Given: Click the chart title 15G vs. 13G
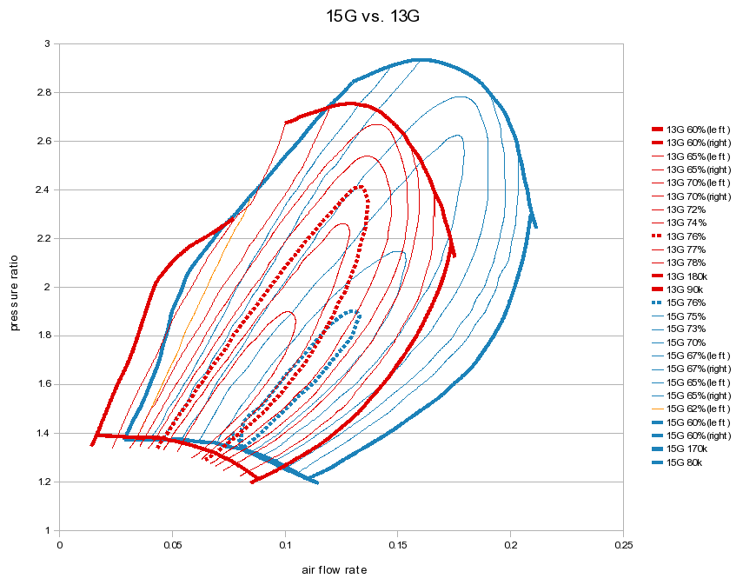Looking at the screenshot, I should click(371, 16).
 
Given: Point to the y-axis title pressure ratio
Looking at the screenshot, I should click(15, 286).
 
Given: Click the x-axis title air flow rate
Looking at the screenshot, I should click(335, 570).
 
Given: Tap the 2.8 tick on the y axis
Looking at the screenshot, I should click(48, 92).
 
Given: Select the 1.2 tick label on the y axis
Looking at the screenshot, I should click(48, 482).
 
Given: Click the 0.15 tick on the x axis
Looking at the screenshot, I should click(397, 545).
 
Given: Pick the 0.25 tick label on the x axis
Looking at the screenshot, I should click(622, 545).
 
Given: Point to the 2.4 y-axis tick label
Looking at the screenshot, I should click(48, 189).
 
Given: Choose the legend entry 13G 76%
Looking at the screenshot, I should click(686, 236).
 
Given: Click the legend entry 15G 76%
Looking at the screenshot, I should click(686, 302).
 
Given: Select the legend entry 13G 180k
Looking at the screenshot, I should click(687, 276).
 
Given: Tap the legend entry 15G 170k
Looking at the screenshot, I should click(687, 449).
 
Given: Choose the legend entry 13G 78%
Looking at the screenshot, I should click(686, 263).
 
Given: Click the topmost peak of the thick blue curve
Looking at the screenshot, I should click(421, 60).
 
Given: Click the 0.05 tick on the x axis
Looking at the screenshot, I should click(172, 545).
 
